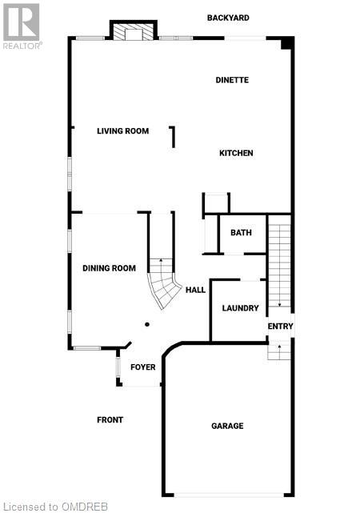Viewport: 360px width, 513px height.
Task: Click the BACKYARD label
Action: coord(228,18)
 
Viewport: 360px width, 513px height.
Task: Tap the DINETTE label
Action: coord(233,80)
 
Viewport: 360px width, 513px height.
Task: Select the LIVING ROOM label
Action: coord(123,131)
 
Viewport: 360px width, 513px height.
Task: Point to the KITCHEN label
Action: coord(236,153)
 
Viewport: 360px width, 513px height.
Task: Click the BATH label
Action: coord(241,233)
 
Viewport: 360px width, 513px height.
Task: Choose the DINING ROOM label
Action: coord(109,268)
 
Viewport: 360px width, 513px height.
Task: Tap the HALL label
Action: coord(196,291)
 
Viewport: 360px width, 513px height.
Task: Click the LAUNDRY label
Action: coord(240,308)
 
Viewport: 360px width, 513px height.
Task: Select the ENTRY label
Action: coord(280,326)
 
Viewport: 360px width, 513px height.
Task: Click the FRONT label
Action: coord(110,420)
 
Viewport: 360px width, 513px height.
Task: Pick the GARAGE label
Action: coord(227,426)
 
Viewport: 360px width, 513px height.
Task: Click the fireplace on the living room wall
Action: coord(130,32)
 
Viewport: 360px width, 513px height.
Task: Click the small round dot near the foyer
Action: coord(147,324)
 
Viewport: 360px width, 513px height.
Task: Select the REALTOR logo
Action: coord(22,25)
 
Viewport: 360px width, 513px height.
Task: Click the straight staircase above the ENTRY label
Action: coord(279,264)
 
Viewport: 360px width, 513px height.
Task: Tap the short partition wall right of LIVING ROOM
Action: coord(172,137)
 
